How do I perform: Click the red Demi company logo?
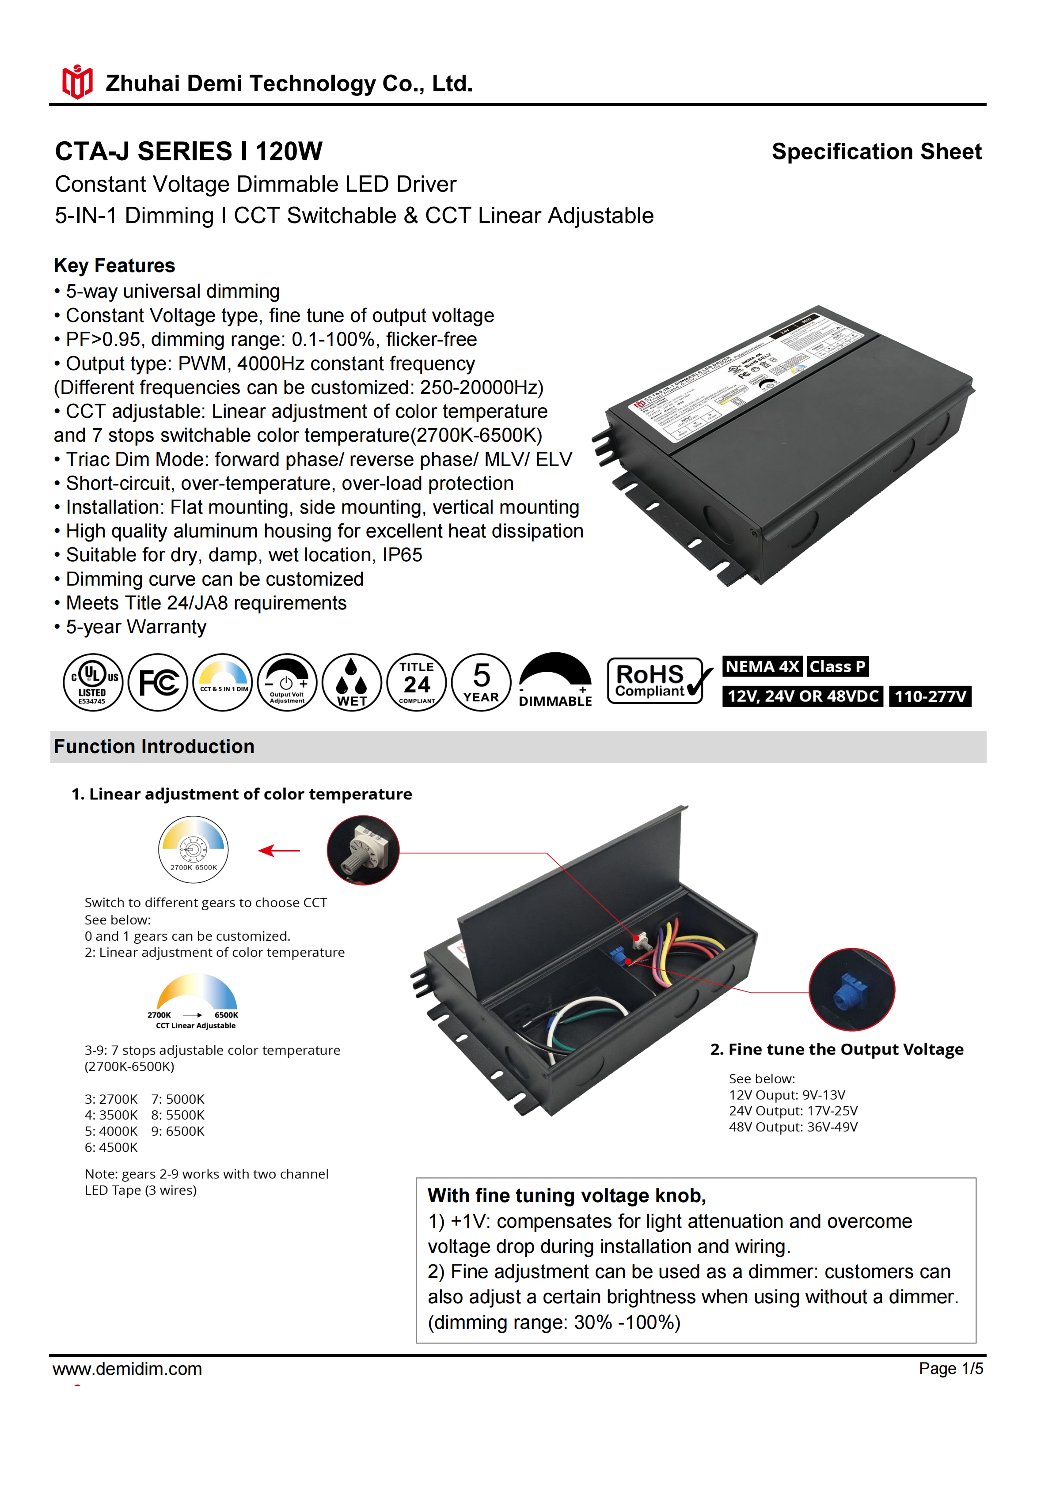point(77,82)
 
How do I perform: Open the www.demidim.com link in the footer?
point(128,1369)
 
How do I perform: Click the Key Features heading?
point(115,265)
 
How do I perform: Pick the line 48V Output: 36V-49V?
point(793,1127)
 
